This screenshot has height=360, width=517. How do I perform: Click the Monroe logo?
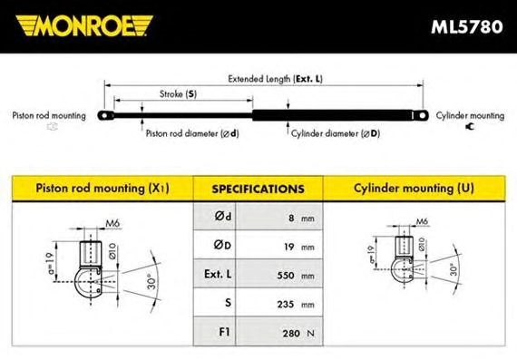(x=84, y=25)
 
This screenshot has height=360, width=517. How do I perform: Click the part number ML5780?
(x=467, y=26)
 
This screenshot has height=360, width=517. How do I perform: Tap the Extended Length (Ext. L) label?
(x=276, y=79)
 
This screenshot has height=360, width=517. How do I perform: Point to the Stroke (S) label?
(x=178, y=94)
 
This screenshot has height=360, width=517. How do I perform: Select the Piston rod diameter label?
(x=192, y=133)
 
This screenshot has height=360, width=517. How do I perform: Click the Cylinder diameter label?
(x=336, y=133)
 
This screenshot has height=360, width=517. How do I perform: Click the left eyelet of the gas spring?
(x=105, y=116)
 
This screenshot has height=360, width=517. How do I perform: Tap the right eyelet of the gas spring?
(x=422, y=116)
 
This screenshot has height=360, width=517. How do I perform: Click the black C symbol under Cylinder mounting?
(x=470, y=126)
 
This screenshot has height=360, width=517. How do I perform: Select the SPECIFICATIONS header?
(x=258, y=189)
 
